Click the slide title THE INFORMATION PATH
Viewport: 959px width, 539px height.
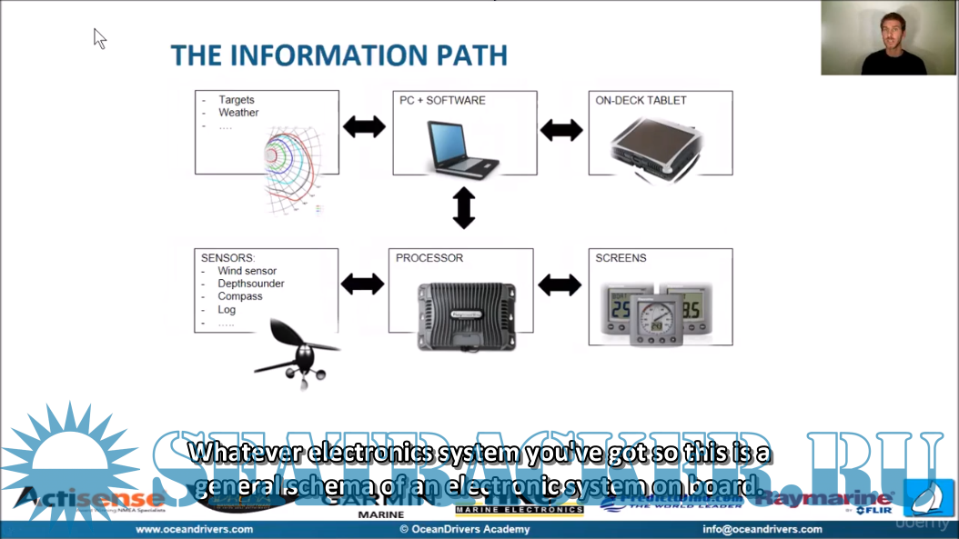338,55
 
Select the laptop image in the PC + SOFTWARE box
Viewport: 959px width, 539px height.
463,148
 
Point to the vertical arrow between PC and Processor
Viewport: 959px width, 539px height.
464,208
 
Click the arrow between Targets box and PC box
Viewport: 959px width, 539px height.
364,126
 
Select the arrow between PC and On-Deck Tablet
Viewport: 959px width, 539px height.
561,130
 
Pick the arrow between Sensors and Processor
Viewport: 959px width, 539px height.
362,284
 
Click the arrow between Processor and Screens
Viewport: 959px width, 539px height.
560,285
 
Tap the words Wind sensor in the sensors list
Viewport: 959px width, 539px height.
247,271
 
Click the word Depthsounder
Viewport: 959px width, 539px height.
250,284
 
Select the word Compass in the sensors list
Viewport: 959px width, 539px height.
239,296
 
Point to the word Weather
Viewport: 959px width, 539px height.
238,113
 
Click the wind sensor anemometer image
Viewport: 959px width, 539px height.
293,354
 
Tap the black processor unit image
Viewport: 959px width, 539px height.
464,315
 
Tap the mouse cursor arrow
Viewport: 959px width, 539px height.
99,37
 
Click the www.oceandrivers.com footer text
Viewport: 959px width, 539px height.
194,529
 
